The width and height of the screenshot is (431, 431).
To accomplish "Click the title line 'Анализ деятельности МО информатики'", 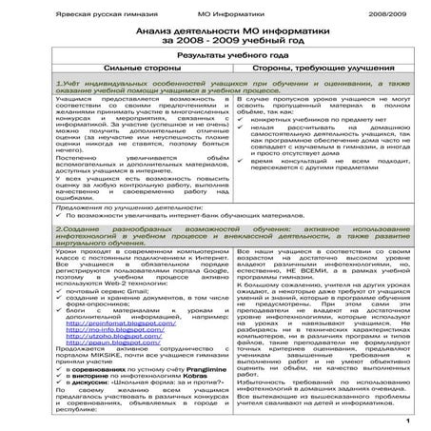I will coord(215,31).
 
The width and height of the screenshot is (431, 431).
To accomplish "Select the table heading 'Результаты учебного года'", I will coord(215,57).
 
